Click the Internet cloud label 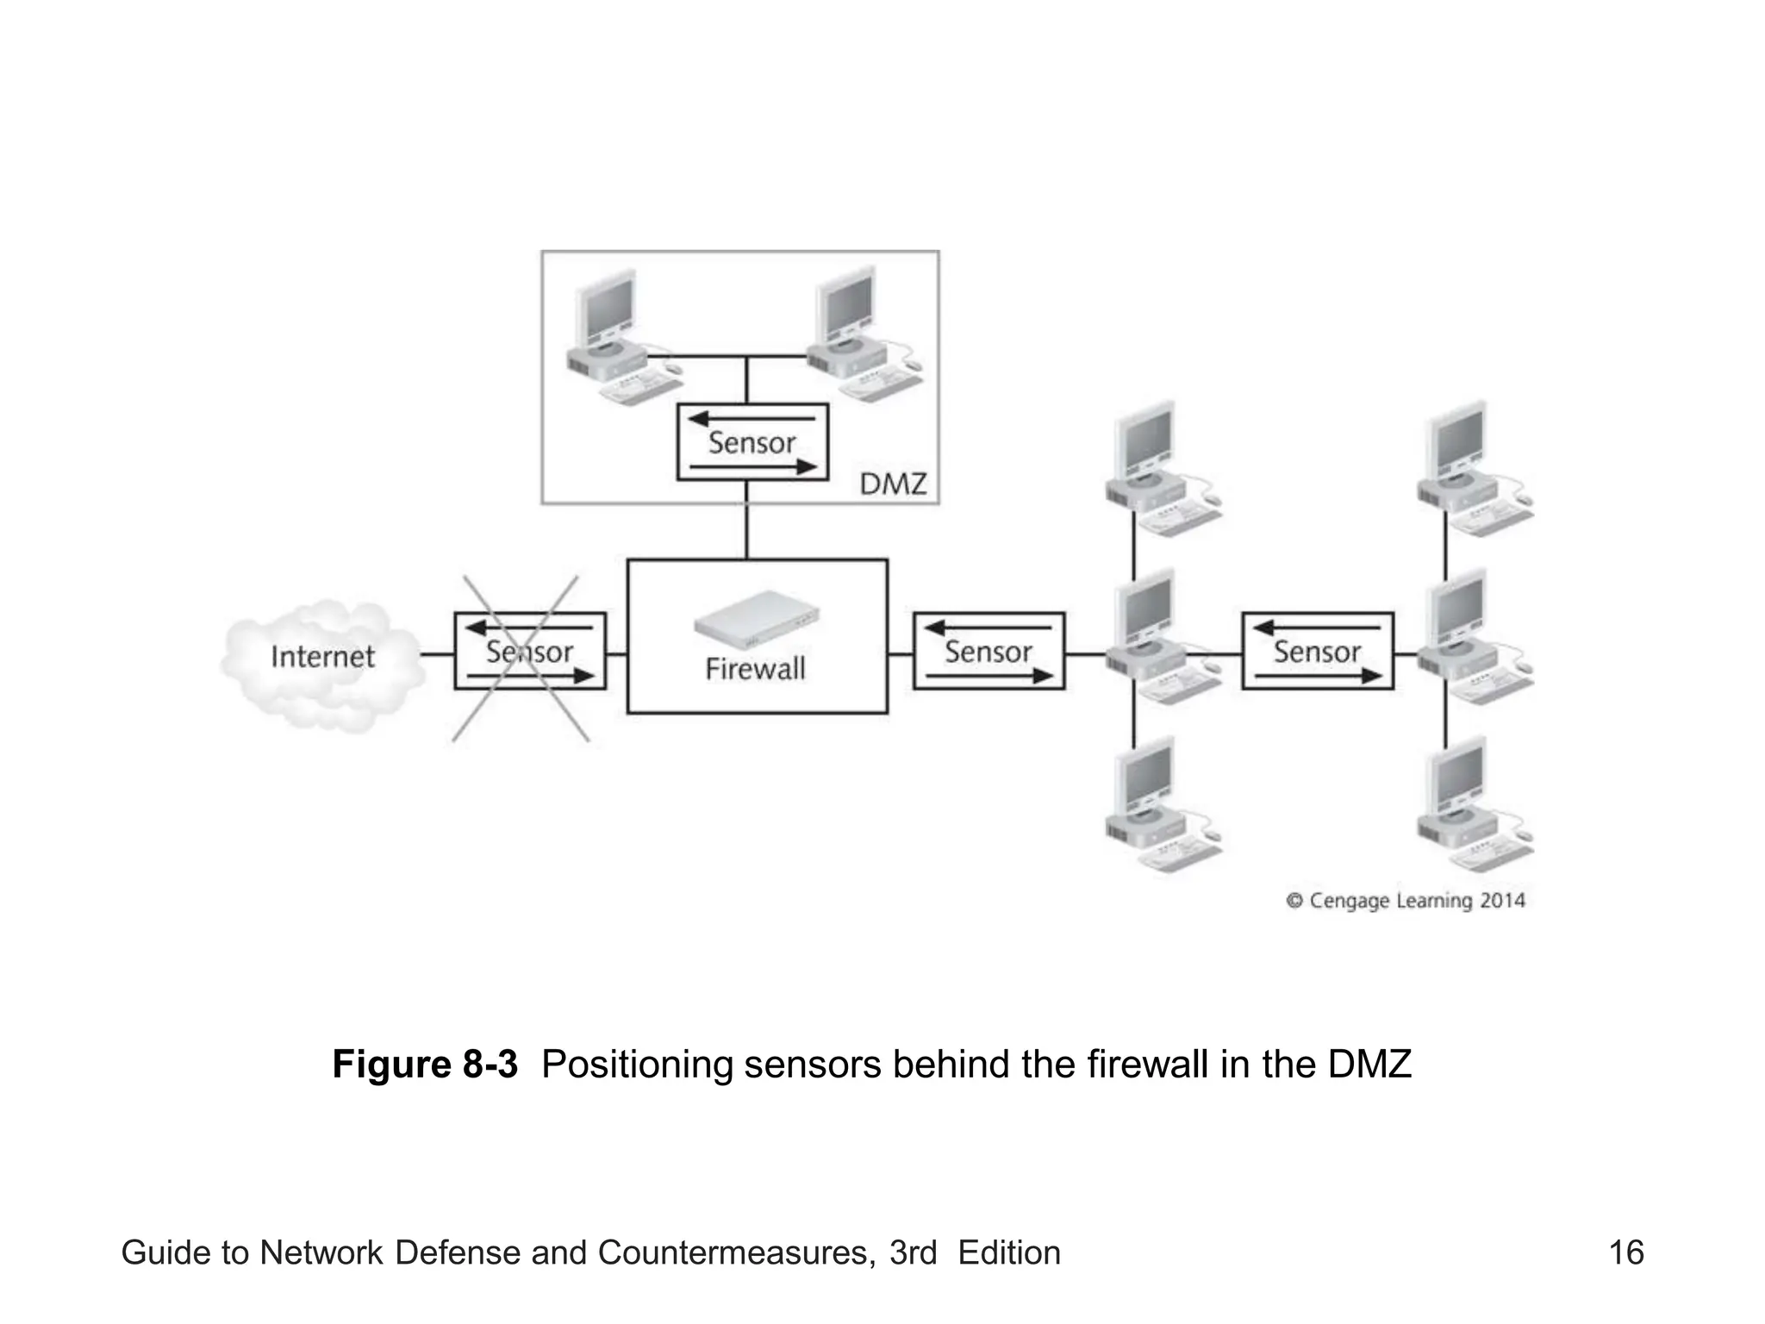coord(322,657)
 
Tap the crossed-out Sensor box coord(529,652)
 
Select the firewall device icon coord(757,619)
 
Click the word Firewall coord(755,670)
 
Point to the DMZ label coord(893,484)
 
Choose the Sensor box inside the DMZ coord(752,442)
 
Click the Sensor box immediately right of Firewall coord(989,652)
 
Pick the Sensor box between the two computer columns coord(1317,652)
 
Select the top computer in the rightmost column coord(1472,470)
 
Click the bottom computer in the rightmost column coord(1472,806)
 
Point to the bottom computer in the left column coord(1160,806)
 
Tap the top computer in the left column coord(1160,470)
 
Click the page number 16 coord(1626,1252)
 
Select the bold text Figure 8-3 coord(425,1065)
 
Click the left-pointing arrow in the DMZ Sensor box coord(750,420)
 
